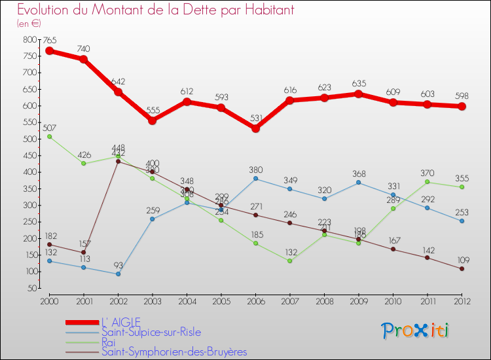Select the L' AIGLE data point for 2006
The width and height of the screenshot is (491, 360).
255,128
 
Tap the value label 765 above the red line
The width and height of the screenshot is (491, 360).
50,41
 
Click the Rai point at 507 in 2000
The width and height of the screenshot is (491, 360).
49,136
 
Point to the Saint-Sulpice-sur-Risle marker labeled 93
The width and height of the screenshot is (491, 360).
118,274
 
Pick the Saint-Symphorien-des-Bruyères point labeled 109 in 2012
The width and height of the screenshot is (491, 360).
462,268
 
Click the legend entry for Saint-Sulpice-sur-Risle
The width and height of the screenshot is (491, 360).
151,332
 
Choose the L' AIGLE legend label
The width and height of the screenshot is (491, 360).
122,322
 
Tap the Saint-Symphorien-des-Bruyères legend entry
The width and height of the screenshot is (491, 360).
173,351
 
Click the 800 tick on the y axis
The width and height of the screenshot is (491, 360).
29,39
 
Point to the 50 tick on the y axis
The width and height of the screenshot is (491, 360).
31,288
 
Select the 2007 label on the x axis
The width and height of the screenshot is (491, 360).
289,300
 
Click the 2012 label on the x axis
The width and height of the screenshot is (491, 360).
462,300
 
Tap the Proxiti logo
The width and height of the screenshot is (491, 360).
416,331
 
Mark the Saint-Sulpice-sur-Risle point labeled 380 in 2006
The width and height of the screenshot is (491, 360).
255,178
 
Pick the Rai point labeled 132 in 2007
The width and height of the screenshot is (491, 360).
289,261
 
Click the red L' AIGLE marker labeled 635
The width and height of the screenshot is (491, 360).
359,94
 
